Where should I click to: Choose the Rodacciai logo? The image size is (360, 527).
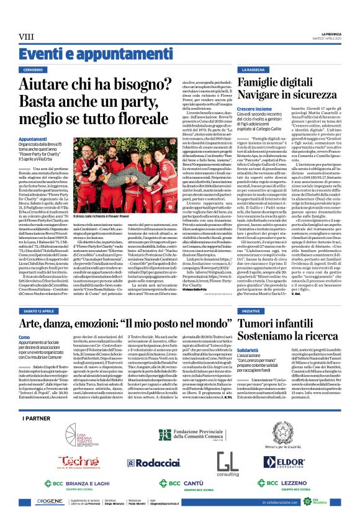coord(140,464)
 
